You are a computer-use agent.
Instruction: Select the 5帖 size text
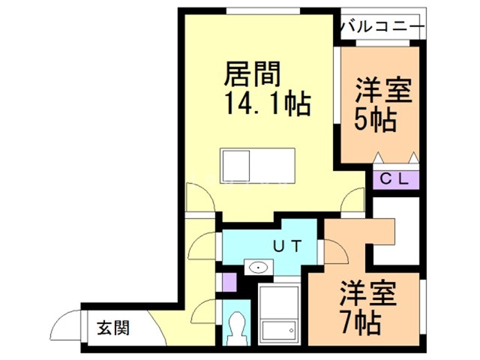(375, 120)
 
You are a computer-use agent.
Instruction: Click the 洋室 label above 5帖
(382, 91)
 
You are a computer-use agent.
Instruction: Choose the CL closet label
(394, 179)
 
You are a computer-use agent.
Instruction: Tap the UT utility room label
(286, 244)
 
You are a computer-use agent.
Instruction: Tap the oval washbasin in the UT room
(259, 267)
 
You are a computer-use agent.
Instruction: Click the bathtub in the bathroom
(278, 314)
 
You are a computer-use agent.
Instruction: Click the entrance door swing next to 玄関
(63, 325)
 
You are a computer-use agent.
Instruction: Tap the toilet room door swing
(201, 310)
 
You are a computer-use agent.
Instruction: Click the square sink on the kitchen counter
(234, 165)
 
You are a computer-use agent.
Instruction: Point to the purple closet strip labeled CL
(396, 180)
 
